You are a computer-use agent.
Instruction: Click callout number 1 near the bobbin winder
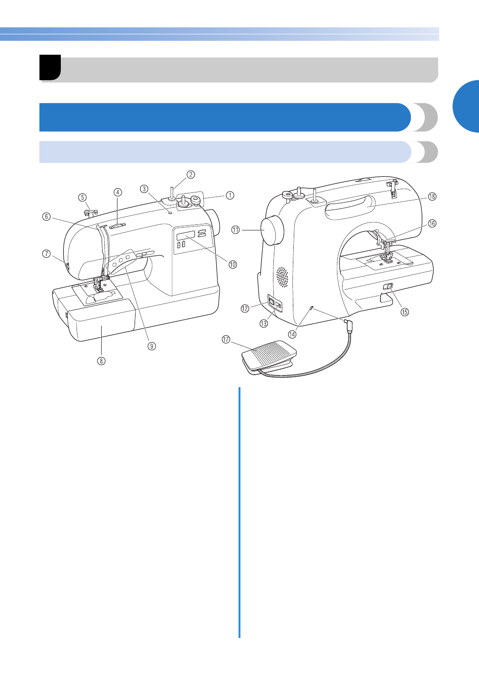pos(230,196)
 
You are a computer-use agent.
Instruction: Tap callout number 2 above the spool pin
pos(190,175)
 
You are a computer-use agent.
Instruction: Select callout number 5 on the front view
pos(83,197)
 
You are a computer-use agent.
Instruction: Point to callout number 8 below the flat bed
pos(101,360)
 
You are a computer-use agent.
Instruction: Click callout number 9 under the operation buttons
pos(152,346)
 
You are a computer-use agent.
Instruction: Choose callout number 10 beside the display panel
pos(233,264)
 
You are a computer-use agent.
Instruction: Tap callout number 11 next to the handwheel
pos(236,230)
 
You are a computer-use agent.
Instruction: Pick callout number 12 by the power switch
pos(245,308)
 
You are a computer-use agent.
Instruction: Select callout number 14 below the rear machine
pos(292,334)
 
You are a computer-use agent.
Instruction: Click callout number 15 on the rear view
pos(405,312)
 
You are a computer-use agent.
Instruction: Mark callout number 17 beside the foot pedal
pos(226,340)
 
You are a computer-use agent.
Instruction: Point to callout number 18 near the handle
pos(432,197)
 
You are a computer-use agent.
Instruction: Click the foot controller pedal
pos(269,354)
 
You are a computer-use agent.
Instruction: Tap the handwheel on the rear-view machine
pos(273,230)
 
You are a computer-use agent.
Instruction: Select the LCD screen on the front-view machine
pos(185,236)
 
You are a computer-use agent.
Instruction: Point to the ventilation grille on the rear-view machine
pos(282,277)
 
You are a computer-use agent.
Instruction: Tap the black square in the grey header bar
pos(50,67)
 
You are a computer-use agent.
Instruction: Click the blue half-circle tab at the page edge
pos(466,107)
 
